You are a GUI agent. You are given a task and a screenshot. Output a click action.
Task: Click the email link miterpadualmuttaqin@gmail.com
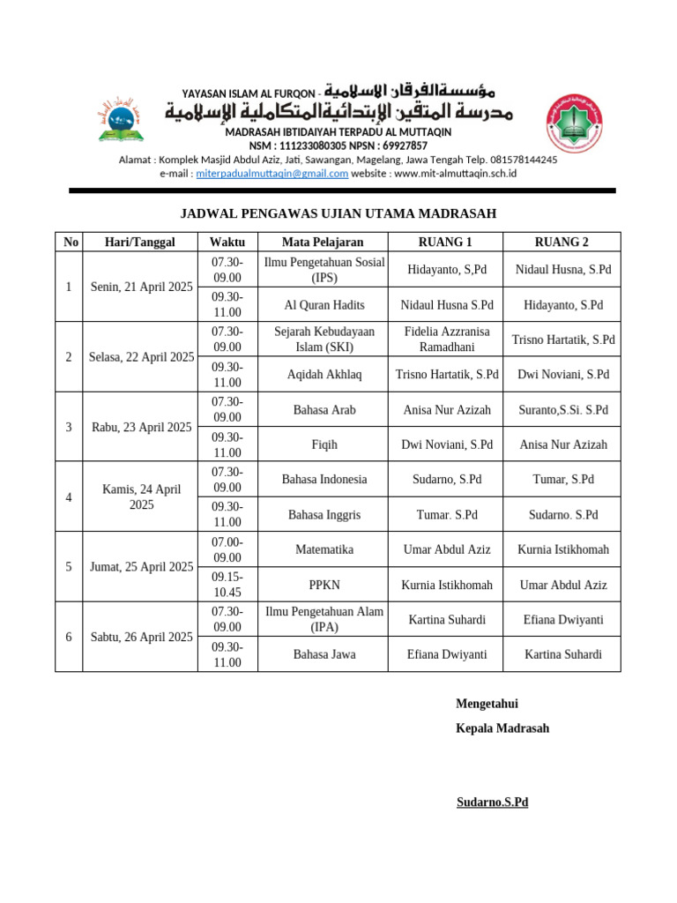click(272, 174)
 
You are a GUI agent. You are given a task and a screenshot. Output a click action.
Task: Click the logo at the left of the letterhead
click(123, 121)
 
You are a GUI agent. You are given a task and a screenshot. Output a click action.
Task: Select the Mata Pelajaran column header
click(323, 243)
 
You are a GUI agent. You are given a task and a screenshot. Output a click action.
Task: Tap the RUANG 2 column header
click(562, 243)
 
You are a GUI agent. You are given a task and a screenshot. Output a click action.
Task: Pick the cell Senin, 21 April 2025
click(141, 287)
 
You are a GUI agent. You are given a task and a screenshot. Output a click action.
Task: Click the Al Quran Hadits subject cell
click(323, 305)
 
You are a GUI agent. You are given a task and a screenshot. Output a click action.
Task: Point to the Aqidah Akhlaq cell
click(323, 375)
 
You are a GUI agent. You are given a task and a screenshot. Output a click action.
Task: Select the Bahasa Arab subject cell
click(323, 410)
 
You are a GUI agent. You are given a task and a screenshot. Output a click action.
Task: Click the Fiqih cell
click(323, 445)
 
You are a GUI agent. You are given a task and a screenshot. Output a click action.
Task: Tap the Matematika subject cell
click(323, 549)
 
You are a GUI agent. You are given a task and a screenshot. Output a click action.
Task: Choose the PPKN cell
click(323, 585)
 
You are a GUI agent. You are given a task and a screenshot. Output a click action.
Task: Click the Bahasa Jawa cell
click(323, 654)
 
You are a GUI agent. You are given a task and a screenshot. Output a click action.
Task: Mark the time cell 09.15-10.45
click(227, 585)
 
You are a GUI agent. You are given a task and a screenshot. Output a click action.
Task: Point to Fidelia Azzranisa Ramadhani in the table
click(445, 340)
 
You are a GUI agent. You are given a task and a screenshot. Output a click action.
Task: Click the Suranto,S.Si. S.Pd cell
click(562, 410)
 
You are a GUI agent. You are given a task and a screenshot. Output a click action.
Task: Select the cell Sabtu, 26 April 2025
click(141, 637)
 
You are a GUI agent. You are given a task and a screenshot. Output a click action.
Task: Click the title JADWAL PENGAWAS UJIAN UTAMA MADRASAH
click(338, 213)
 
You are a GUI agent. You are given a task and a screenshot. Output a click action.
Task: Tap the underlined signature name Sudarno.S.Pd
click(492, 802)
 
